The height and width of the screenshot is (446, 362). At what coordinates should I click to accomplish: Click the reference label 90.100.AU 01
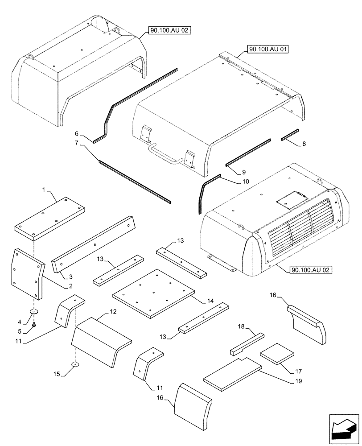tap(267, 49)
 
